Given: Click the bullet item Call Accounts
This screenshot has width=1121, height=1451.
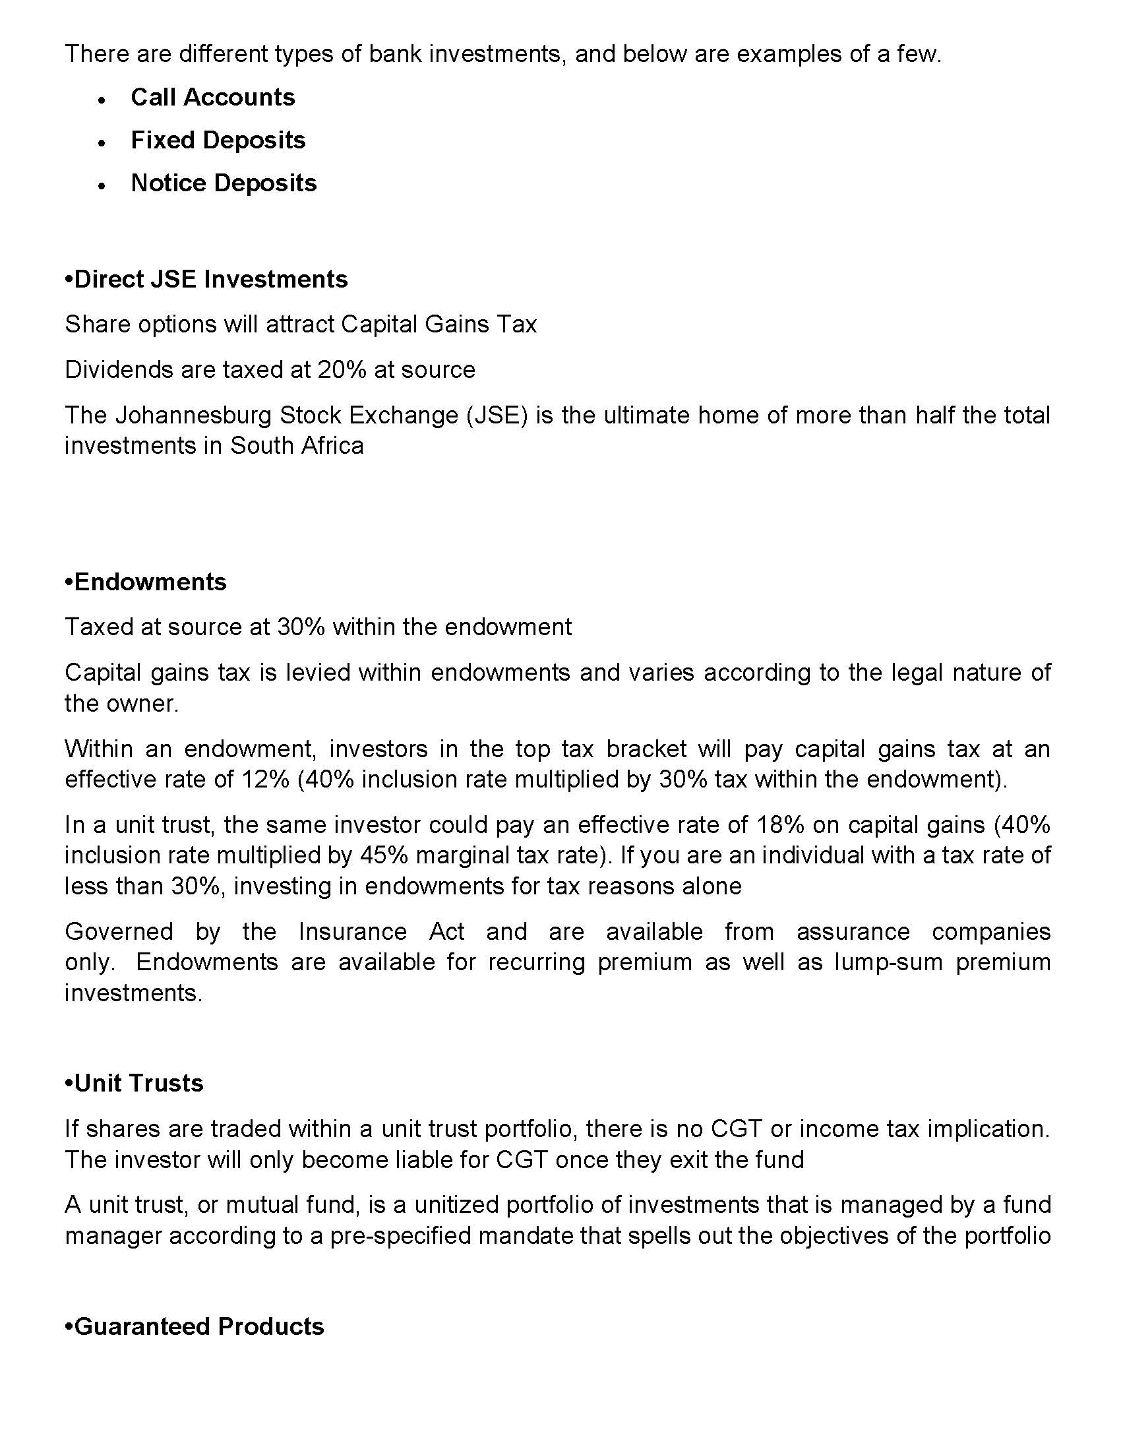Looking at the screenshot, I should tap(212, 98).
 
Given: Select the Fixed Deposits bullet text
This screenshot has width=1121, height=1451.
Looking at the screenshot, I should tap(218, 140).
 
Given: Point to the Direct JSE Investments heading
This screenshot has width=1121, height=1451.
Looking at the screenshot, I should tap(206, 279).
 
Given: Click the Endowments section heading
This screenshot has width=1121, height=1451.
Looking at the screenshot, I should tap(146, 582).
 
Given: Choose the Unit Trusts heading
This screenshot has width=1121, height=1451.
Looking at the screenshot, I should tap(134, 1084).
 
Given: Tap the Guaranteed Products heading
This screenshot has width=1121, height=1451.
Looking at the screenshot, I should tap(195, 1326).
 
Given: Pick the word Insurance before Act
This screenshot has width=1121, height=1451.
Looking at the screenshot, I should tap(353, 931).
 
